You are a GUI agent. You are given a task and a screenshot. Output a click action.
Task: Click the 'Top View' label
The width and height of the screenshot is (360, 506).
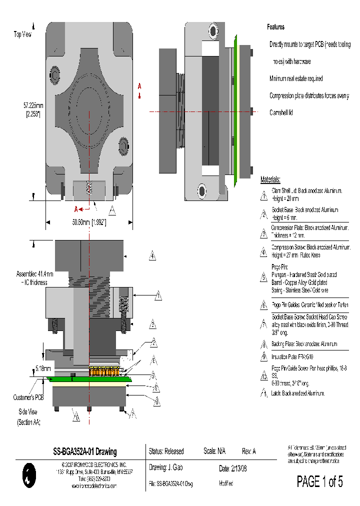click(22, 34)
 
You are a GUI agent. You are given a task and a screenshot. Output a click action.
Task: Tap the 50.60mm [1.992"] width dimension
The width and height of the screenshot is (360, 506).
click(88, 222)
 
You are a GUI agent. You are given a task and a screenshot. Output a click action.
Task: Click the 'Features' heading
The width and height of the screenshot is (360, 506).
click(275, 27)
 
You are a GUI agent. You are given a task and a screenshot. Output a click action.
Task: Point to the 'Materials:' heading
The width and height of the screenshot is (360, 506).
click(270, 180)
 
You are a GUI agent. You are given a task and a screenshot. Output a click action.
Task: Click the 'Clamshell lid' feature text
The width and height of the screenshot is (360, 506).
click(281, 112)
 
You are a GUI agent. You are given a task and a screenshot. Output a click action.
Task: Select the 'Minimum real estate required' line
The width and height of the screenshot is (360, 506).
click(296, 78)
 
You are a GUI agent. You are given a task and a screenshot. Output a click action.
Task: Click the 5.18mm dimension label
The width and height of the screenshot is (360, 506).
click(43, 368)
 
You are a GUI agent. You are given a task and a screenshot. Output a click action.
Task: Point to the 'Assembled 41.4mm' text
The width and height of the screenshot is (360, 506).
click(34, 274)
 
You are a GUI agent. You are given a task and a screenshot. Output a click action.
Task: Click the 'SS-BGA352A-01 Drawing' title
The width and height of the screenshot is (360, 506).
click(85, 451)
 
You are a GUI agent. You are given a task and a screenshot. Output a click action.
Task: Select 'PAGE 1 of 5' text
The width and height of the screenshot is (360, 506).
click(319, 481)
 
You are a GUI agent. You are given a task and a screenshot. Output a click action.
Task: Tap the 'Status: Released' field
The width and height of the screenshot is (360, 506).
click(166, 451)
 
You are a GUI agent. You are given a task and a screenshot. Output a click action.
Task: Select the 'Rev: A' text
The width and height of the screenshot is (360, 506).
click(248, 451)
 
